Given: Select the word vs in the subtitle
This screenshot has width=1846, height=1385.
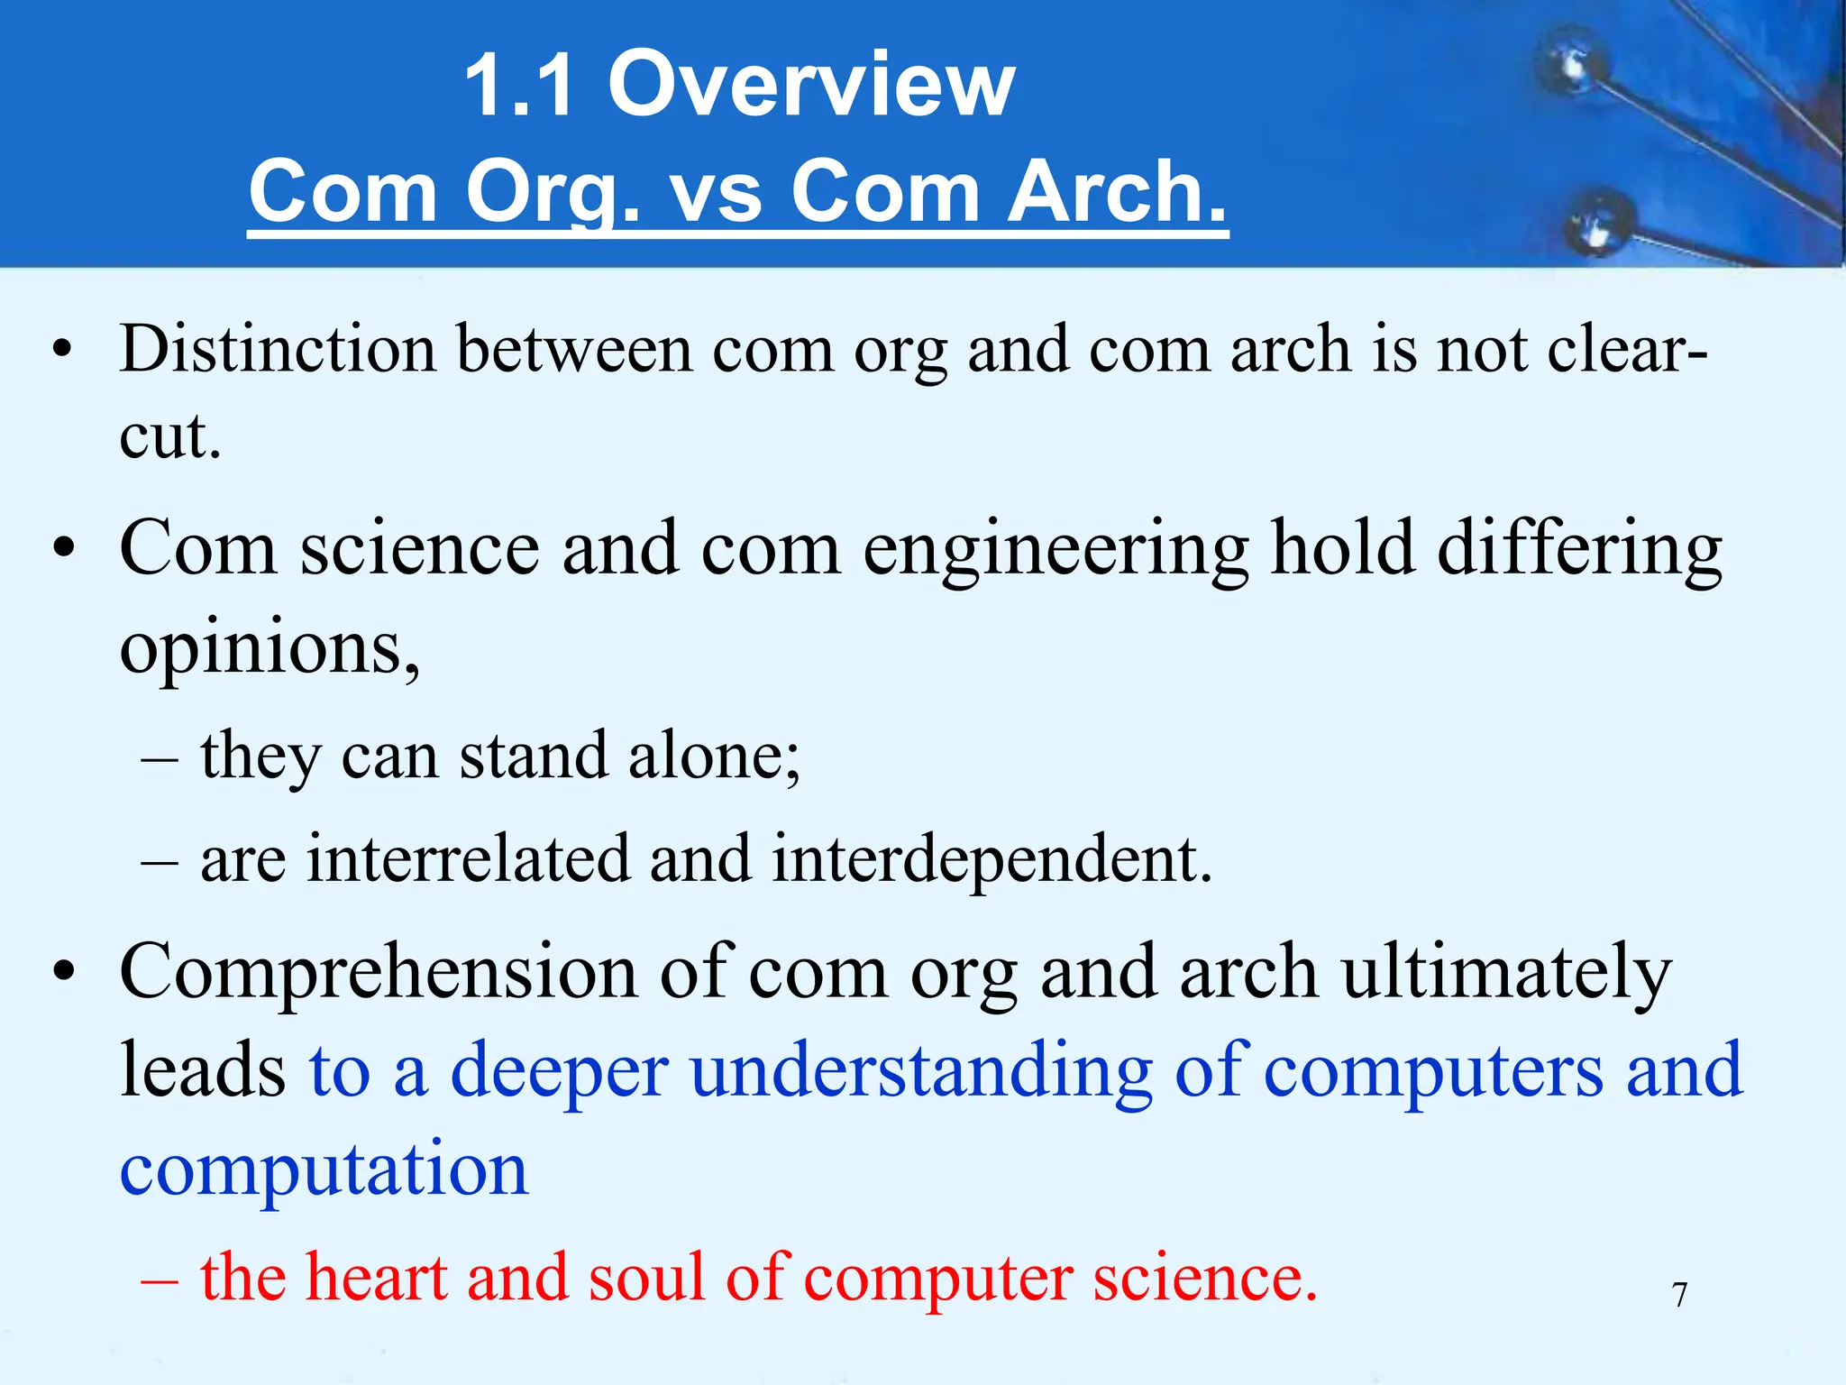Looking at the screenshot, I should (x=716, y=191).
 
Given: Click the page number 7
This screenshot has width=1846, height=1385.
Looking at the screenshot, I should (x=1679, y=1295).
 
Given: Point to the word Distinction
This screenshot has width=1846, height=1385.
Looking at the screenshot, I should (x=279, y=349).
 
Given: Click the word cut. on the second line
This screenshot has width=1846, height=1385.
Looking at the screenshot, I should (x=170, y=436).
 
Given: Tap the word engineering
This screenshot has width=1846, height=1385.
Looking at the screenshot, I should (x=1056, y=549).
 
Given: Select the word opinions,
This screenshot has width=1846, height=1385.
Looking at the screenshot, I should (x=270, y=647).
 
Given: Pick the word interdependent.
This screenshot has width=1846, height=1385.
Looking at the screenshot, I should (x=992, y=858).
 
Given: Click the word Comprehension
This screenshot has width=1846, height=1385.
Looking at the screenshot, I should (x=379, y=973).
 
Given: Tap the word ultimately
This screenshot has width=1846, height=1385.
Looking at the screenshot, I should (x=1506, y=973).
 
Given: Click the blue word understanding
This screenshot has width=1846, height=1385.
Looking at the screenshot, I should (x=920, y=1071).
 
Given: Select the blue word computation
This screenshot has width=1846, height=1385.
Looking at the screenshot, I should (x=324, y=1169).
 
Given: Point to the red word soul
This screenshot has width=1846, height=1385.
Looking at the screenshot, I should (x=645, y=1277).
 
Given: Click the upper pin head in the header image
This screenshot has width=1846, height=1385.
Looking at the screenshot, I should (x=1574, y=66).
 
